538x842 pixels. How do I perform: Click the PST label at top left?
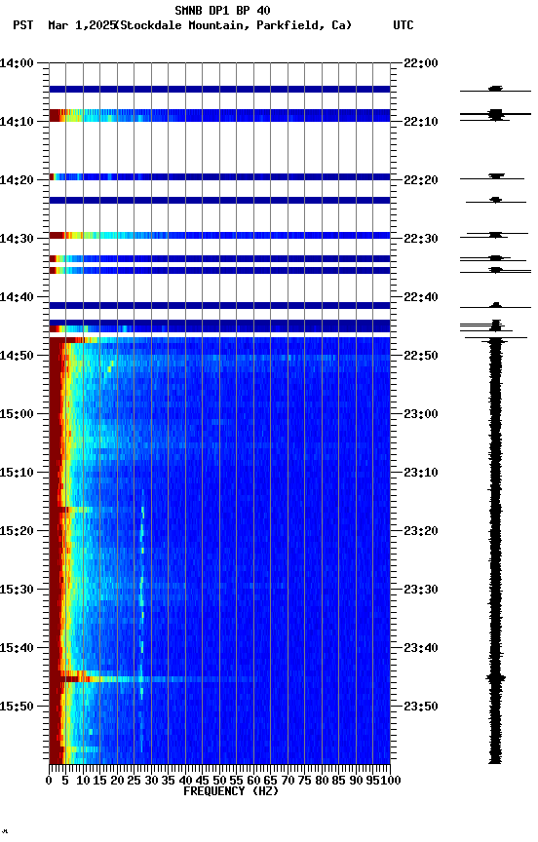(x=23, y=25)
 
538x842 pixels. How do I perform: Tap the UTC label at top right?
(x=403, y=25)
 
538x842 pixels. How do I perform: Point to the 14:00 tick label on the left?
(x=18, y=63)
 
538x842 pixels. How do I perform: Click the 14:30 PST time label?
(x=18, y=239)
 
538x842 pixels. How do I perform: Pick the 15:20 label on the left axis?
(x=18, y=531)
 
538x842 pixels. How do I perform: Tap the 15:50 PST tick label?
(x=18, y=707)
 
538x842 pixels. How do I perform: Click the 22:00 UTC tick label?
(x=420, y=63)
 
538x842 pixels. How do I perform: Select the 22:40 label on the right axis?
(x=420, y=297)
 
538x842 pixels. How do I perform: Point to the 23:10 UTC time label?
(x=420, y=473)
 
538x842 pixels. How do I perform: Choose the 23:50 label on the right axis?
(x=420, y=707)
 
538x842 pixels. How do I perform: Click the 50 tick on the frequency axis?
(x=219, y=780)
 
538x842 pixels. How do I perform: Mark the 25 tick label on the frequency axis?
(x=134, y=780)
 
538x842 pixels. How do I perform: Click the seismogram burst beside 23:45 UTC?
(x=496, y=676)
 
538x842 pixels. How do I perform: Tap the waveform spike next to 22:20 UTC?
(x=496, y=176)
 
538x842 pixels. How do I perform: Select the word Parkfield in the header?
(x=292, y=25)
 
